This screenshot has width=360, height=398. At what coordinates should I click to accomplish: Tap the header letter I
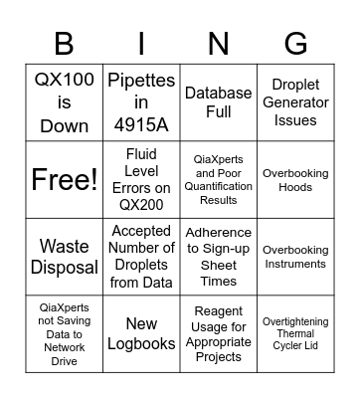(141, 44)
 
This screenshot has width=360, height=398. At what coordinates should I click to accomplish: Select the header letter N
(218, 44)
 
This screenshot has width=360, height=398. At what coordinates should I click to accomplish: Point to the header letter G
(295, 44)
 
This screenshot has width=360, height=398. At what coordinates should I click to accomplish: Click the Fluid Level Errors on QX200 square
(141, 180)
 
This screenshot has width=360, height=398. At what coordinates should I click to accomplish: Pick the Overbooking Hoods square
(295, 180)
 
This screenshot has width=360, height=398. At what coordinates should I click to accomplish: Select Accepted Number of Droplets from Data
(141, 257)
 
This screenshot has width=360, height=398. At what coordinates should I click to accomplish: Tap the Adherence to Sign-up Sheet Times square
(218, 257)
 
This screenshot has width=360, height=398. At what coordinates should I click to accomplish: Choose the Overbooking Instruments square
(295, 257)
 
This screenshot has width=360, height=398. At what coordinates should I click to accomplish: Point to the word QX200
(141, 205)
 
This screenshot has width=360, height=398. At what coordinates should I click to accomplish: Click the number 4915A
(141, 126)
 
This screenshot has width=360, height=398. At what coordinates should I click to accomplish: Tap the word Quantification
(218, 186)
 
